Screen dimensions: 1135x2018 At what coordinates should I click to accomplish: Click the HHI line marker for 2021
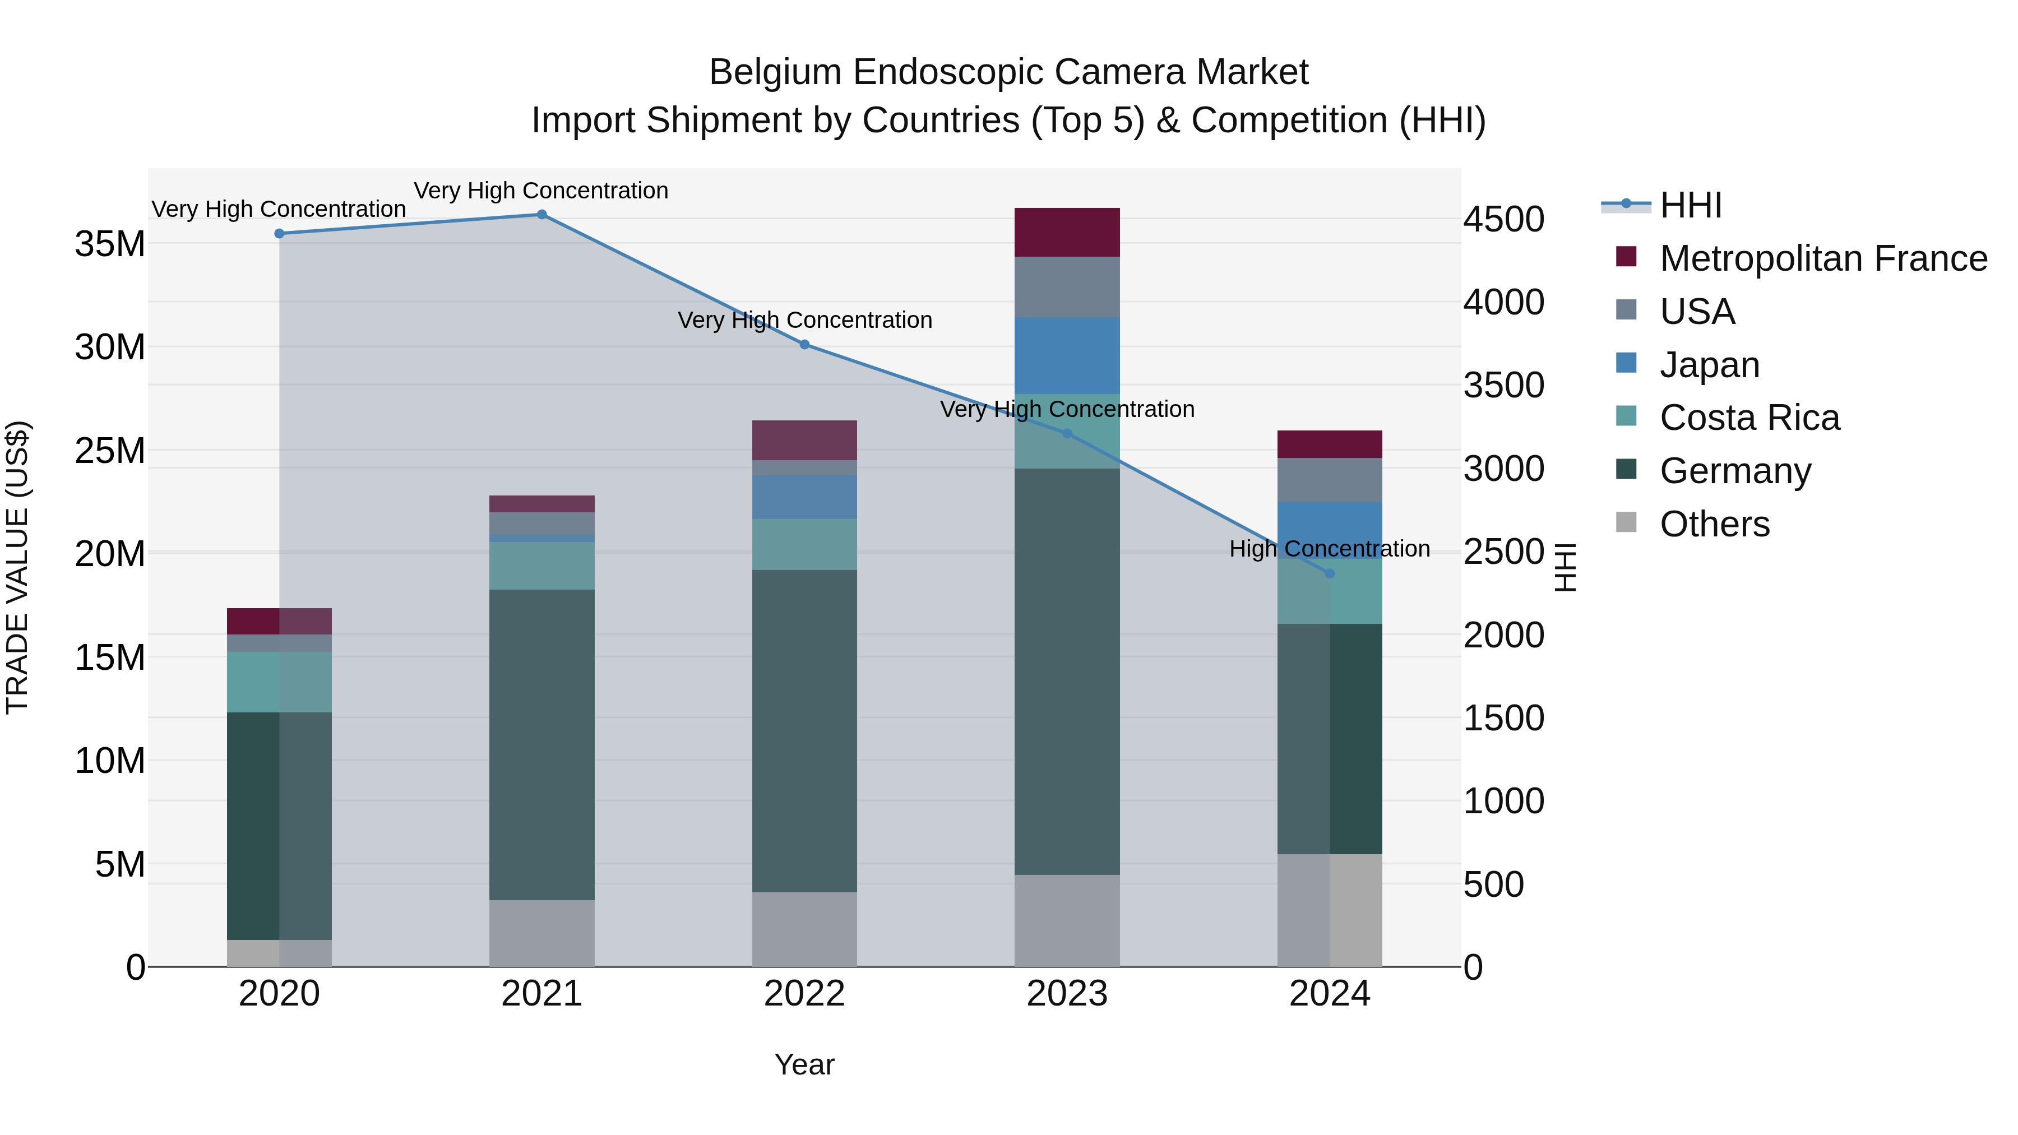pos(541,215)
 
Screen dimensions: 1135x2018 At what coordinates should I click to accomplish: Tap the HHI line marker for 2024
pos(1330,573)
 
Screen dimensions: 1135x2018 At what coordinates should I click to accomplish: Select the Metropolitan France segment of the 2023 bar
pos(1067,233)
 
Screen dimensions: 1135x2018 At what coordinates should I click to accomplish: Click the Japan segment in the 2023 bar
pos(1067,355)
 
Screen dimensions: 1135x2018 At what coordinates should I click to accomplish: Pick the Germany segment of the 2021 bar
pos(541,744)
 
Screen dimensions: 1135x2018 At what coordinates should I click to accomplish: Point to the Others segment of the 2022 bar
pos(804,929)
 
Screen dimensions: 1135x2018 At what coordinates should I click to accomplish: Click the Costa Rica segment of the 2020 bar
pos(279,682)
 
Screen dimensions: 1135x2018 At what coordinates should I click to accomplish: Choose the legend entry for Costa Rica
pos(1749,418)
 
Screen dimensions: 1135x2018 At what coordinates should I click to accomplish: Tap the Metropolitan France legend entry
pos(1822,258)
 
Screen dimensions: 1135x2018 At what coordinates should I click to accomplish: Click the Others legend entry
pos(1714,524)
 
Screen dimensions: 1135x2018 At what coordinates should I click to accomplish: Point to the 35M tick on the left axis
pos(110,244)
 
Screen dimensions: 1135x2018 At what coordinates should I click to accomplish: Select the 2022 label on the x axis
pos(804,994)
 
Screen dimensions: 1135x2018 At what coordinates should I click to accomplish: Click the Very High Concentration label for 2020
pos(279,209)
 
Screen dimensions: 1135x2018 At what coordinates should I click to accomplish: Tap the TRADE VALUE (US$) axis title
pos(17,567)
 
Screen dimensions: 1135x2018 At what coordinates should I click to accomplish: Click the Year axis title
pos(804,1064)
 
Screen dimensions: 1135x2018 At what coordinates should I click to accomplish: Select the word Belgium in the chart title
pos(774,72)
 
